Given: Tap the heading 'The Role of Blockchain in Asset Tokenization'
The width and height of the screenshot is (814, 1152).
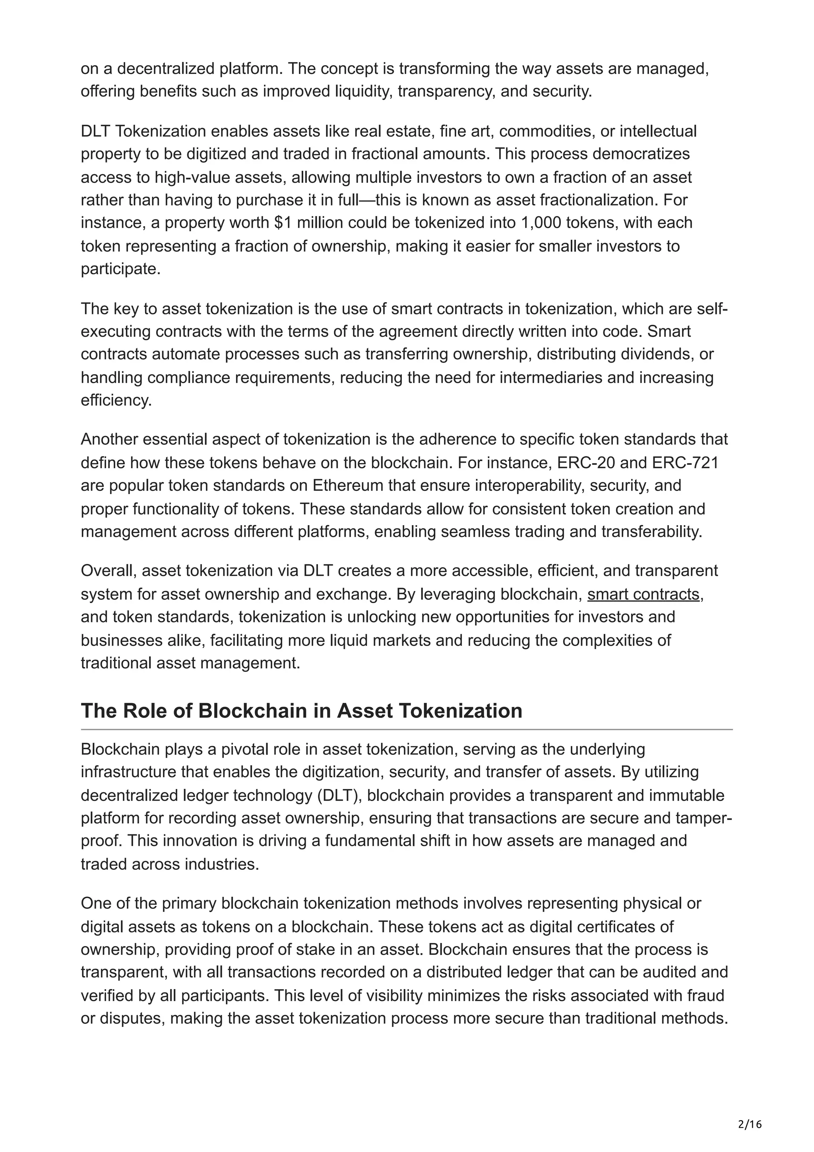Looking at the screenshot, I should click(301, 711).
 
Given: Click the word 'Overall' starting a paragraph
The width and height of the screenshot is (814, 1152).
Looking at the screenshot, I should click(109, 571).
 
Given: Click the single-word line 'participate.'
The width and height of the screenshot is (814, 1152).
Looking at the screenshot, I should click(120, 270).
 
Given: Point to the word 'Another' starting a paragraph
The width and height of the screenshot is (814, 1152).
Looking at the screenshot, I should click(109, 440).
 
